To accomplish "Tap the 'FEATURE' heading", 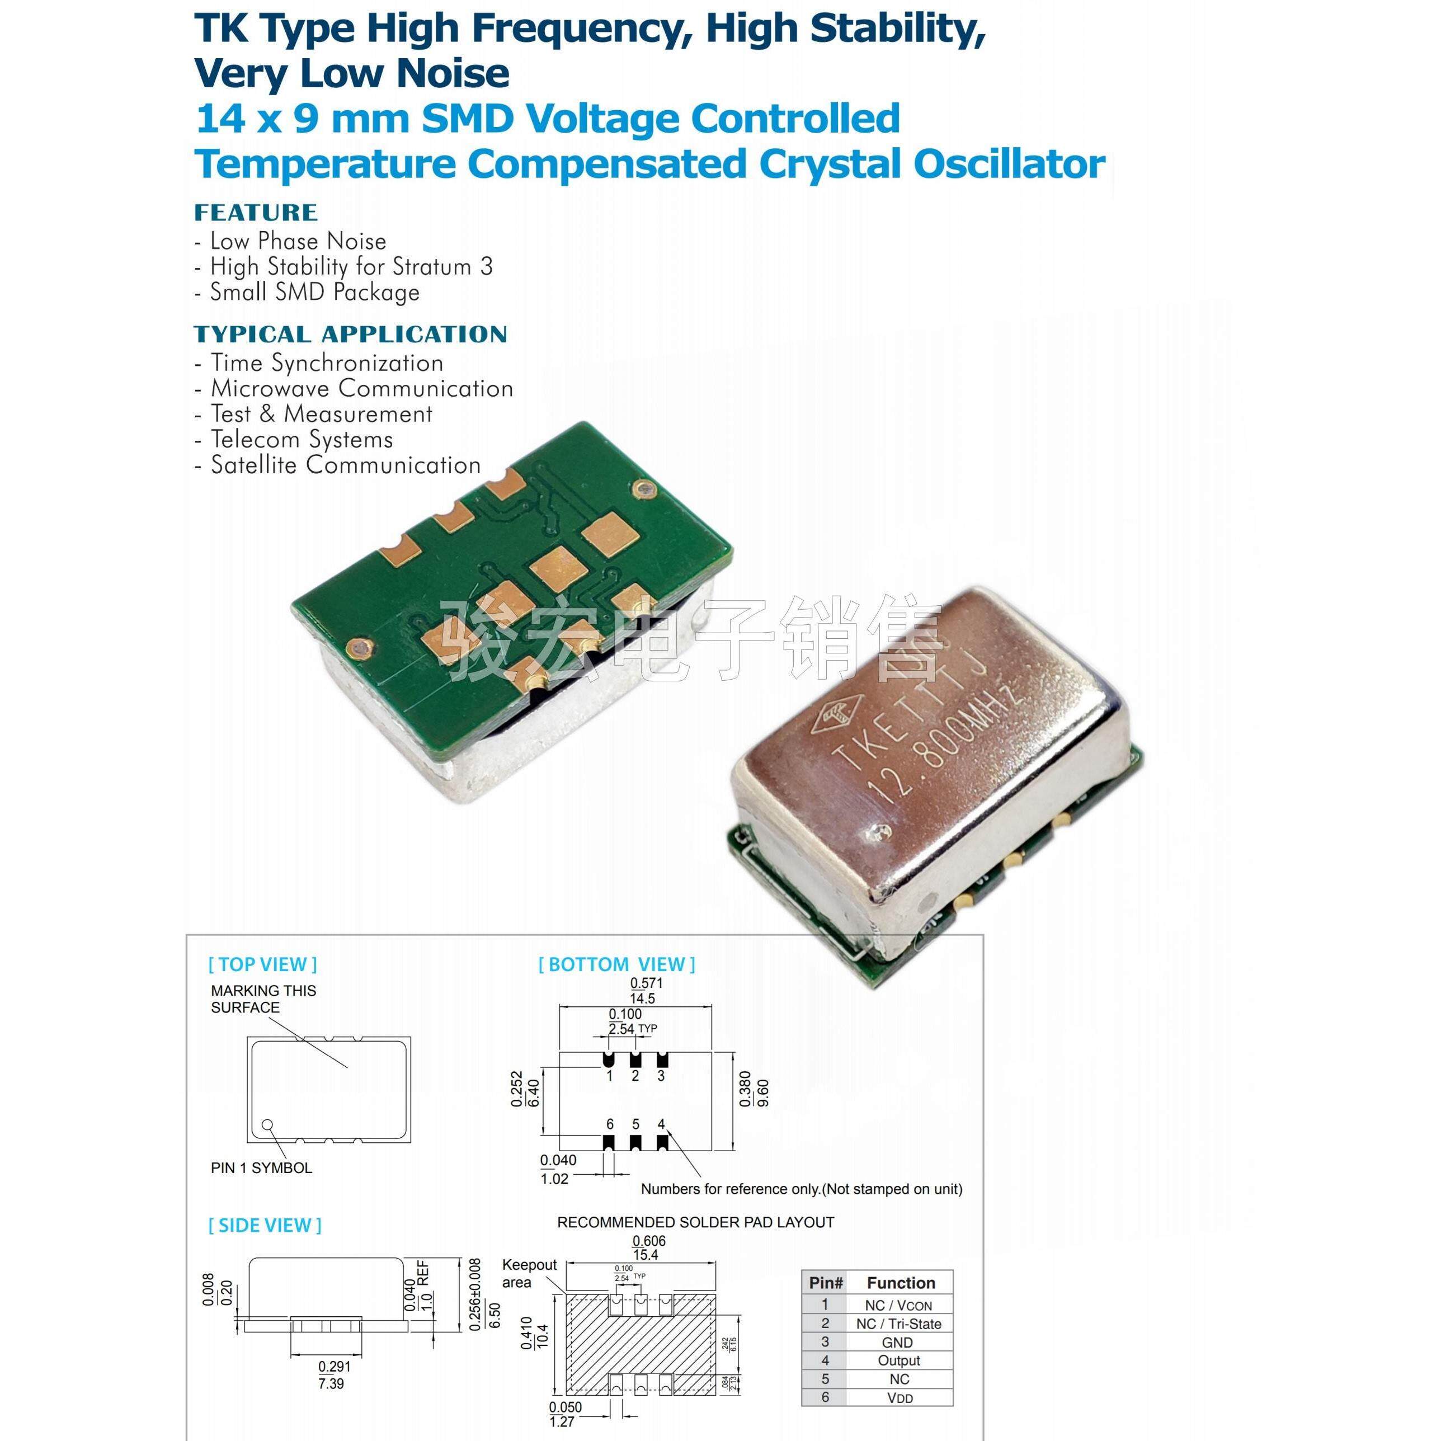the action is click(x=256, y=213).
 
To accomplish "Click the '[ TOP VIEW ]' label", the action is click(x=262, y=964).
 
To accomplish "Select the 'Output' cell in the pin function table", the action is click(x=899, y=1360).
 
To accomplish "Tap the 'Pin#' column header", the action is click(x=826, y=1283).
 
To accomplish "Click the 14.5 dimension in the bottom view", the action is click(x=642, y=998).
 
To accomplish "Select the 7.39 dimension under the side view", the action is click(x=331, y=1383).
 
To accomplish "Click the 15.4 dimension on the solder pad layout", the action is click(x=645, y=1255).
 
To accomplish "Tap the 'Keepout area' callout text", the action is click(x=528, y=1273).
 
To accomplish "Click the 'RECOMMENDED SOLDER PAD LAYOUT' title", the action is click(x=695, y=1222).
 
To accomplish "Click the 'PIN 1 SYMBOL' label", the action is click(x=261, y=1168).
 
